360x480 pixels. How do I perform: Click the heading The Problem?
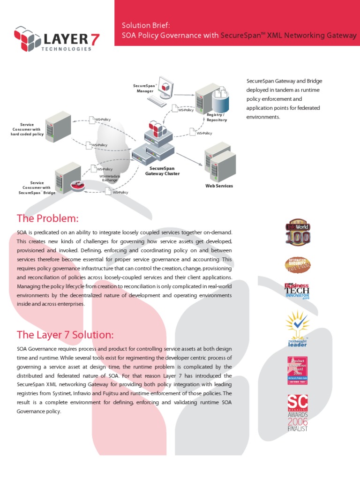coord(47,218)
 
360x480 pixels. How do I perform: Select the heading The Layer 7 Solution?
coord(65,335)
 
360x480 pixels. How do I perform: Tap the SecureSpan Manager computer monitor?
coord(165,88)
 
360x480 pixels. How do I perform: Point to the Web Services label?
coord(219,186)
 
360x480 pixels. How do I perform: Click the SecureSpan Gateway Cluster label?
coord(162,171)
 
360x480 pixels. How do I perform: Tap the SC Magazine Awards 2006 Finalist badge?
coord(298,412)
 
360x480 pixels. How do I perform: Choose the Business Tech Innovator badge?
coord(297,292)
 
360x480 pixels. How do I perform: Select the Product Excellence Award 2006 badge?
coord(297,370)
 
